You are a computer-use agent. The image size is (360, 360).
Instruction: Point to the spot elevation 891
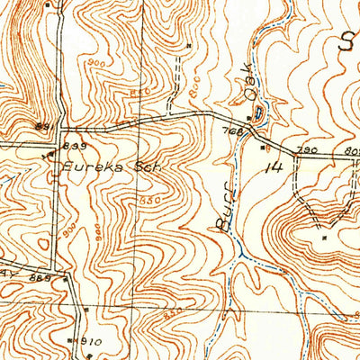(x=40, y=126)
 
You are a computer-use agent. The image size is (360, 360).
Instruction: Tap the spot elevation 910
(x=91, y=342)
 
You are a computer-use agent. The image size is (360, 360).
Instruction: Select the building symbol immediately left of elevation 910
(x=73, y=341)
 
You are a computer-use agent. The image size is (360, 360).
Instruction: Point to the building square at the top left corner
(x=47, y=4)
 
